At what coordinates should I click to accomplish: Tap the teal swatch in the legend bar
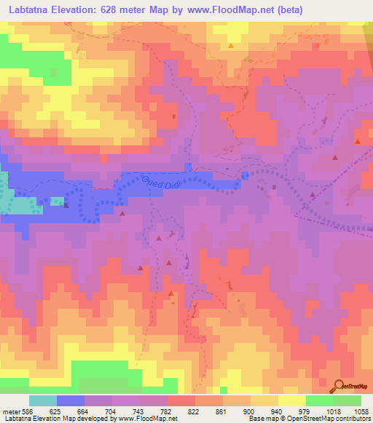pos(43,400)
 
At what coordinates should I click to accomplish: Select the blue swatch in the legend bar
pos(71,400)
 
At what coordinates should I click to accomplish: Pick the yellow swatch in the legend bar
pos(292,400)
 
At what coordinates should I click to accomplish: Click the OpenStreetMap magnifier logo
pos(339,386)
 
